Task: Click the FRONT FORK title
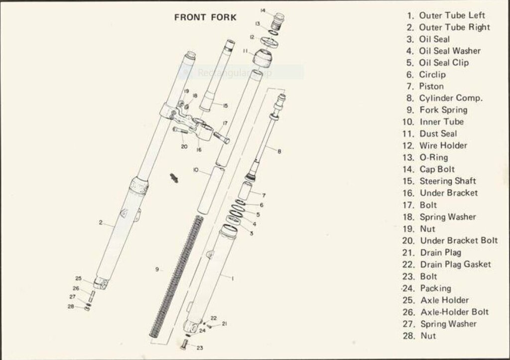pos(205,17)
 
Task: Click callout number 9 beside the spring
pos(157,269)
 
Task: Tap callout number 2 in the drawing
pos(101,223)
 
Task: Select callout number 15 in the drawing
pos(225,106)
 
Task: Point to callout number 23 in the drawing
pos(200,348)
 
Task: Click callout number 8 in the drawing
pos(279,151)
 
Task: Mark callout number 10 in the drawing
pos(195,170)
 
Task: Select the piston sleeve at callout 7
pos(245,191)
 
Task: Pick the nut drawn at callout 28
pos(87,308)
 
